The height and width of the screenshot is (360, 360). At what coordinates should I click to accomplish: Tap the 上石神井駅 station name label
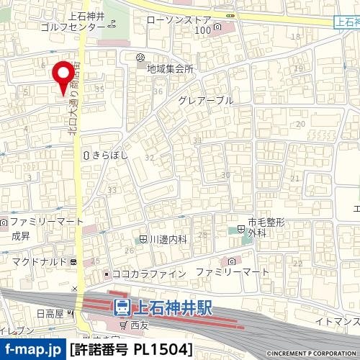click(x=172, y=308)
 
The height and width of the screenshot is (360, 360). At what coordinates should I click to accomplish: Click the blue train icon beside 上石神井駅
click(x=122, y=308)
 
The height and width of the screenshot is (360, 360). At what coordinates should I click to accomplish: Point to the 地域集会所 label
click(x=170, y=69)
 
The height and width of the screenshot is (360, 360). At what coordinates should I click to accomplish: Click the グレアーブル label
click(x=206, y=101)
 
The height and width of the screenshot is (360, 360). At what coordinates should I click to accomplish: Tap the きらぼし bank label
click(x=109, y=154)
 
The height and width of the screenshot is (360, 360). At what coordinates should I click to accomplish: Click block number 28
click(x=202, y=235)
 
